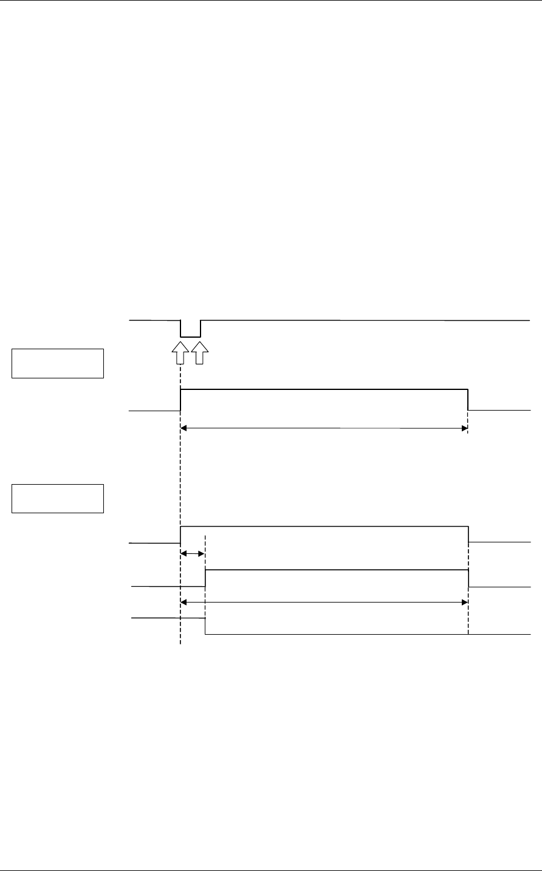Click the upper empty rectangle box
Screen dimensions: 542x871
pyautogui.click(x=58, y=363)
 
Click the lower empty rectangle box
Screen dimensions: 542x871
pyautogui.click(x=58, y=498)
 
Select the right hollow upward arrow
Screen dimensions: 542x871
pyautogui.click(x=201, y=353)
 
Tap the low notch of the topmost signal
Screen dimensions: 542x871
pyautogui.click(x=191, y=336)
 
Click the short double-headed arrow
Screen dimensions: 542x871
pyautogui.click(x=193, y=553)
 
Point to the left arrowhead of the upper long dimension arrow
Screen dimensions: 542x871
pyautogui.click(x=184, y=428)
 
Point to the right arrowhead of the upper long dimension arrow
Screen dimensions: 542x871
pyautogui.click(x=464, y=428)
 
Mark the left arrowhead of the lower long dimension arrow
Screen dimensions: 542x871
pyautogui.click(x=184, y=602)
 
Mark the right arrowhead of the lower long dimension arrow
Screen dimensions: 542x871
pyautogui.click(x=464, y=602)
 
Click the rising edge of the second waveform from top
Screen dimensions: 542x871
pyautogui.click(x=180, y=400)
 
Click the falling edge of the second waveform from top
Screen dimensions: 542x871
pyautogui.click(x=468, y=400)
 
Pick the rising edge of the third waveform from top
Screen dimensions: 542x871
pyautogui.click(x=180, y=534)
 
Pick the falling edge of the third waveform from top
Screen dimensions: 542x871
pyautogui.click(x=468, y=534)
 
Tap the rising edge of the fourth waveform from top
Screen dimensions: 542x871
pyautogui.click(x=205, y=578)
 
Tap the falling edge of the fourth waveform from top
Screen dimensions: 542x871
pyautogui.click(x=468, y=578)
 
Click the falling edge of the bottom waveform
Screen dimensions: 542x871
pyautogui.click(x=205, y=626)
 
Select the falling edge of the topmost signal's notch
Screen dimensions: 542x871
pyautogui.click(x=180, y=328)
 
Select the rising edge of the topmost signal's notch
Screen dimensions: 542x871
pyautogui.click(x=201, y=328)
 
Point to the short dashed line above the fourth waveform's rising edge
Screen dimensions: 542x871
pyautogui.click(x=205, y=550)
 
